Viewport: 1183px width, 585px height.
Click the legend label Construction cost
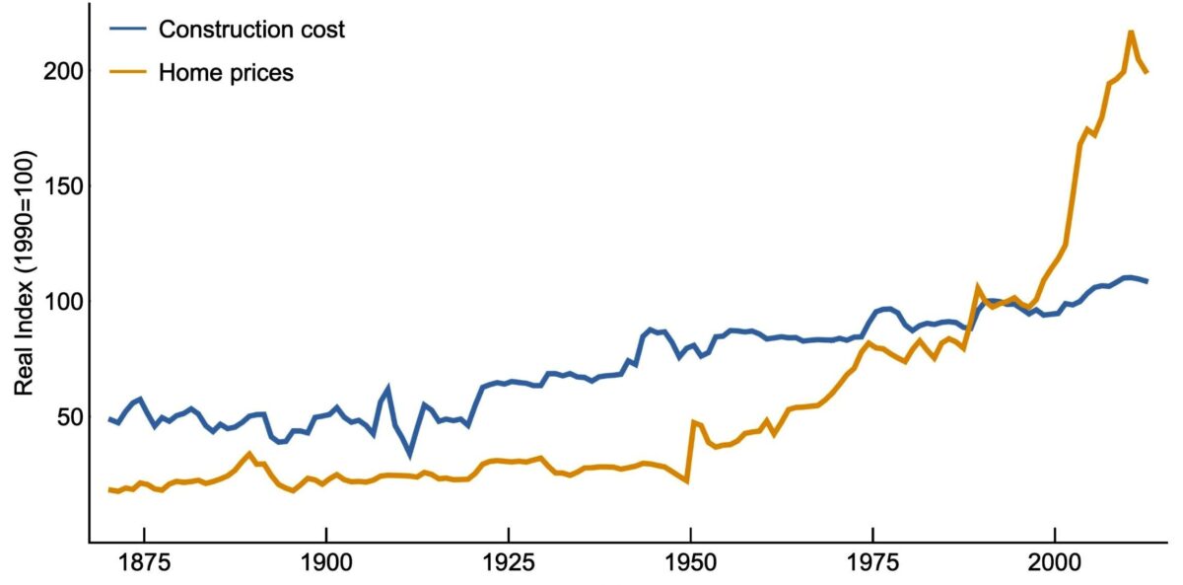coord(251,30)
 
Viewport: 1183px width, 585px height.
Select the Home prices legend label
coord(226,72)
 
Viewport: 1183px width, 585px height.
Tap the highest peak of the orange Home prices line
coord(1130,32)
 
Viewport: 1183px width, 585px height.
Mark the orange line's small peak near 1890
coord(250,454)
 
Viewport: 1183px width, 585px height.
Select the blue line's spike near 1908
coord(387,389)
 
